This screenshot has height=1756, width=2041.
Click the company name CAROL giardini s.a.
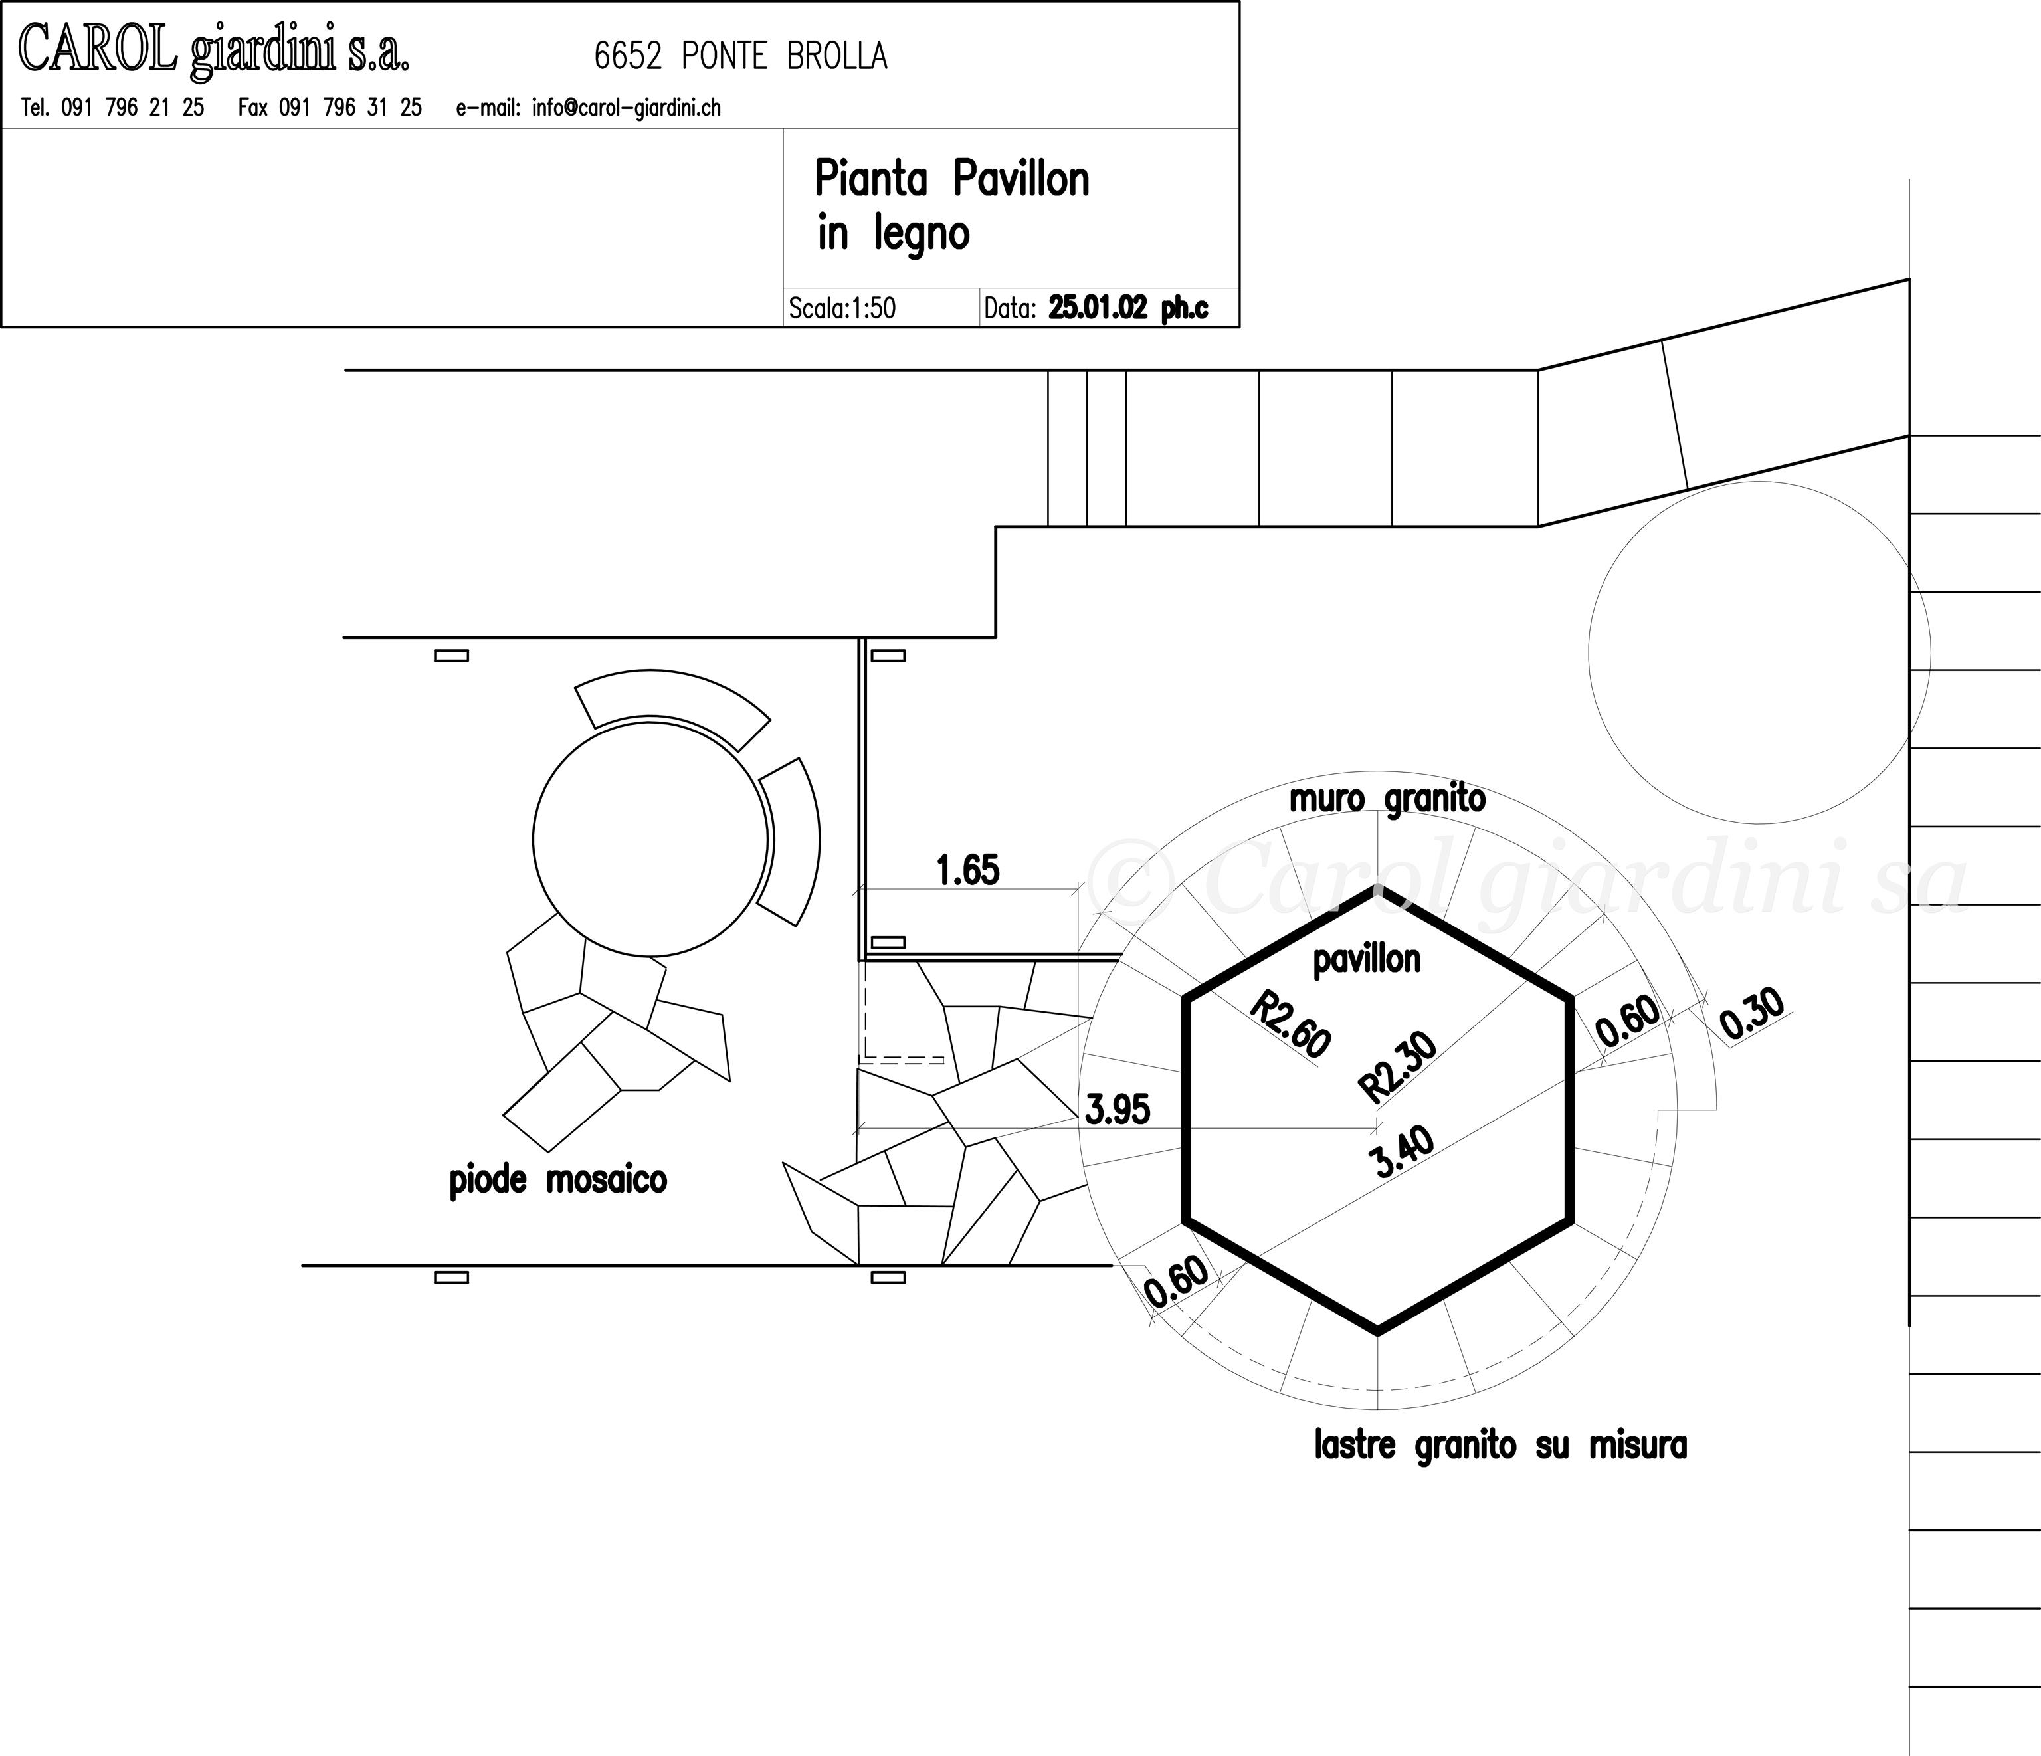pos(214,49)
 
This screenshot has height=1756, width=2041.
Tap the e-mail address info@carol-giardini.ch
pos(627,108)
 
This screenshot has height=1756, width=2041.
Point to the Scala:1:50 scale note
pos(842,308)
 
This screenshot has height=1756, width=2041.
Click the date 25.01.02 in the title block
pos(1098,308)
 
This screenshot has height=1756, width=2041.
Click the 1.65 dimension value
pos(967,870)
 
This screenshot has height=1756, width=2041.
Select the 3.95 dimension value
pos(1117,1110)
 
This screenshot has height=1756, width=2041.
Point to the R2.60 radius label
pos(1290,1024)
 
